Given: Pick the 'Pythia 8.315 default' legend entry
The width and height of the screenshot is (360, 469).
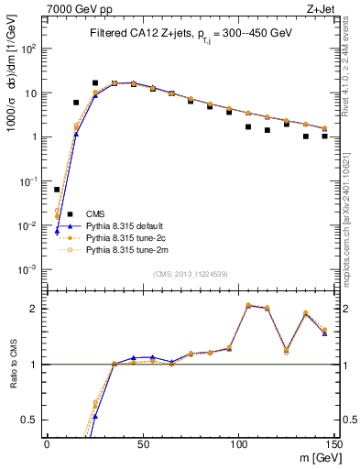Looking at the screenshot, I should [x=125, y=225].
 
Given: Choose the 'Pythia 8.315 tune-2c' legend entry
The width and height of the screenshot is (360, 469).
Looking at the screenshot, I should [x=125, y=237].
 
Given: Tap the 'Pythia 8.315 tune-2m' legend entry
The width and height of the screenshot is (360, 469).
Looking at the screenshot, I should [x=125, y=249].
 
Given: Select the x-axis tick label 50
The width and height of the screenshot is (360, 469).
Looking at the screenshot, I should [x=143, y=442].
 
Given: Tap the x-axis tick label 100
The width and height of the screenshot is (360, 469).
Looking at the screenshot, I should [x=237, y=442].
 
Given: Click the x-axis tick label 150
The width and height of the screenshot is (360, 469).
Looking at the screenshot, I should [x=333, y=442].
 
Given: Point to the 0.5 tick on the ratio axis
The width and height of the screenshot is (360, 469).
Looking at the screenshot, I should [x=31, y=420].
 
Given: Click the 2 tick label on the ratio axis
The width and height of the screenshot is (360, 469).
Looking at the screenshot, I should [x=36, y=309].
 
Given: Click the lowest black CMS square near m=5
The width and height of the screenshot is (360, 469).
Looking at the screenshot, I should [x=57, y=190].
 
